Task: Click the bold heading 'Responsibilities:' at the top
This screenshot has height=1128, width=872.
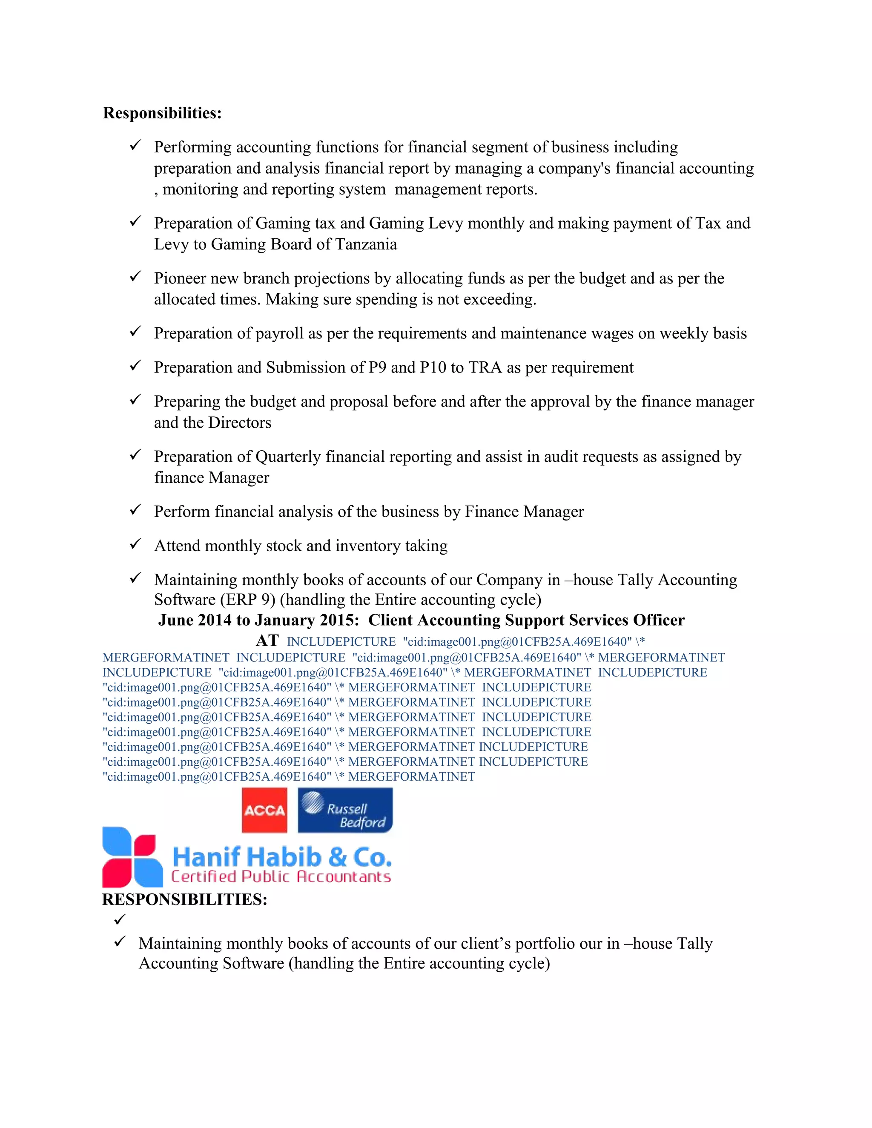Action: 162,113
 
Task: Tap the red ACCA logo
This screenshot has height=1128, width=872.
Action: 264,810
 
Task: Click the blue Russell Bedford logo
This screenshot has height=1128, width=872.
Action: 345,810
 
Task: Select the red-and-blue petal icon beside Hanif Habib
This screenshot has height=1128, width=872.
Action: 132,857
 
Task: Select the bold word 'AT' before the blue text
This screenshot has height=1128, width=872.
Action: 267,641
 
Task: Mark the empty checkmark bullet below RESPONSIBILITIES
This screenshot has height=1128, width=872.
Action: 120,919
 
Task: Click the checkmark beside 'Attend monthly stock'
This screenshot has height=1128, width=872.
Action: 135,544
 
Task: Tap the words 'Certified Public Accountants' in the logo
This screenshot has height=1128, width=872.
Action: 281,876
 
